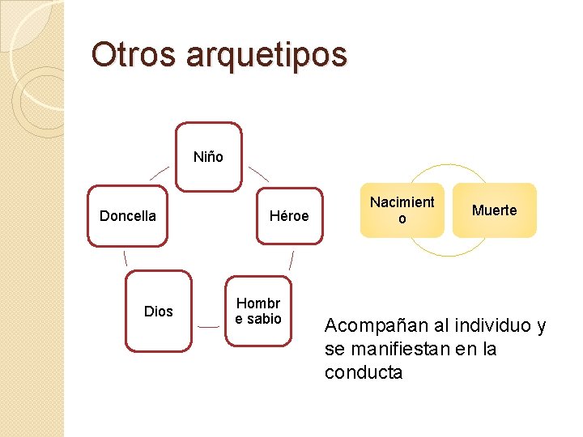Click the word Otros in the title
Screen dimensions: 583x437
click(x=134, y=54)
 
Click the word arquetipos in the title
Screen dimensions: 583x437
click(x=266, y=56)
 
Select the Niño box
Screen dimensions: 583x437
click(x=209, y=157)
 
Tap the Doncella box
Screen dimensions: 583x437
click(x=128, y=215)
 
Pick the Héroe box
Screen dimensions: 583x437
click(x=289, y=215)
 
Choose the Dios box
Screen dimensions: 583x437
click(x=159, y=311)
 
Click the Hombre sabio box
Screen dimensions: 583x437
click(x=258, y=311)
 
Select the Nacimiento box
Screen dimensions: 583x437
click(x=402, y=210)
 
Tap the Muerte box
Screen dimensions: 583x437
click(x=494, y=210)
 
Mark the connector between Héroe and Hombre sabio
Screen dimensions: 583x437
click(x=291, y=261)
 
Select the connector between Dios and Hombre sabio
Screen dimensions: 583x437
click(x=208, y=326)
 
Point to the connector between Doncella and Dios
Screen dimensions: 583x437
click(x=126, y=258)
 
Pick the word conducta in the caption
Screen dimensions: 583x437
click(x=363, y=372)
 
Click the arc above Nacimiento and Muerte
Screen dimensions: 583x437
click(x=449, y=169)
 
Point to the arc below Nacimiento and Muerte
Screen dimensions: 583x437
click(x=449, y=252)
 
